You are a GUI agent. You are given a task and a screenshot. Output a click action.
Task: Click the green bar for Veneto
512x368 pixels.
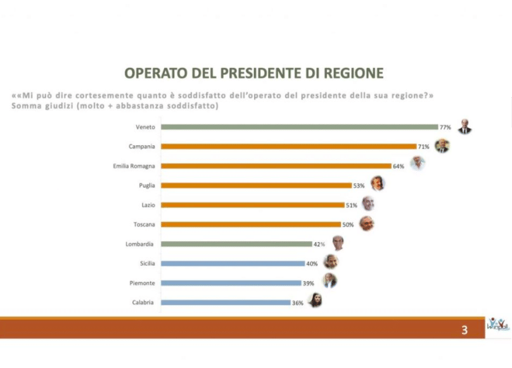pos(299,127)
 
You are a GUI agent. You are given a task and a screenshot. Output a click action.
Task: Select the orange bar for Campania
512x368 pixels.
pos(288,147)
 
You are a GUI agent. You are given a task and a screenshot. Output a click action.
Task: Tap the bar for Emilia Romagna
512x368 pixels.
pos(276,166)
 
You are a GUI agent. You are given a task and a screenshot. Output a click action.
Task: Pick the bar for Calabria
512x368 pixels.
pos(226,303)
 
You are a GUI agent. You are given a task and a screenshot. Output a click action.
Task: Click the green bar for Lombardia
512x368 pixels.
pos(236,244)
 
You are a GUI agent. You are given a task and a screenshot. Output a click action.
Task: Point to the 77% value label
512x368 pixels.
pos(445,127)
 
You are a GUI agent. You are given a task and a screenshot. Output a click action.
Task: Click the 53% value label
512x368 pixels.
pos(359,185)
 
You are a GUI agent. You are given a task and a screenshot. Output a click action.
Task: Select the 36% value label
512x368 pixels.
pos(298,303)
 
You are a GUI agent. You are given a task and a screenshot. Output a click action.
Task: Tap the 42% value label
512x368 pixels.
pos(320,244)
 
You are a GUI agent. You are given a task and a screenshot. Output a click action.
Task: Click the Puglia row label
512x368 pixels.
pos(146,185)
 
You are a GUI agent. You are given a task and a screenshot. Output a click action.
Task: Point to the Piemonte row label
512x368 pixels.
pos(144,283)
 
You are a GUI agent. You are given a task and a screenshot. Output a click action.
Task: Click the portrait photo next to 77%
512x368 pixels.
pos(465,126)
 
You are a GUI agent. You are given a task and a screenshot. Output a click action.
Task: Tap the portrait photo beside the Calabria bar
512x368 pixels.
pos(315,301)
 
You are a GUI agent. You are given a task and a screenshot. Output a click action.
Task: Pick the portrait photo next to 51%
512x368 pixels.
pos(368,204)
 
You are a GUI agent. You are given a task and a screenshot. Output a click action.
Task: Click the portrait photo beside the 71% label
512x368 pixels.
pos(442,145)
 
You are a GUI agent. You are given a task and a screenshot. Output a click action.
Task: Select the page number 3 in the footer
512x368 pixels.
pos(464,330)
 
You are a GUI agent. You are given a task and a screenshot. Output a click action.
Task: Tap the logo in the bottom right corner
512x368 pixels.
pos(497,325)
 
